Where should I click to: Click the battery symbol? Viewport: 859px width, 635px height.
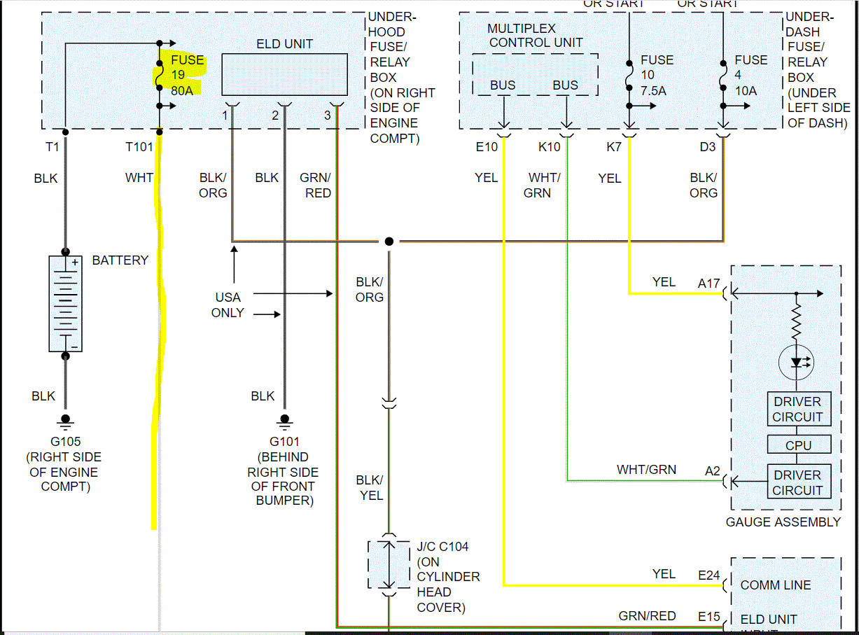click(x=65, y=303)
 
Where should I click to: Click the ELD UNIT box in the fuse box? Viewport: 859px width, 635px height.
click(x=284, y=74)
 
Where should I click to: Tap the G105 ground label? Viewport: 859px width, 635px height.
click(x=65, y=442)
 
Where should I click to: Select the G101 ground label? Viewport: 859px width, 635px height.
click(x=284, y=442)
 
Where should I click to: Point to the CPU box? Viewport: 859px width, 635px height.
click(x=798, y=445)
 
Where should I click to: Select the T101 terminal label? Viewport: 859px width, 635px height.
click(x=139, y=147)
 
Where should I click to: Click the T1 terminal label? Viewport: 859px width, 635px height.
click(x=53, y=147)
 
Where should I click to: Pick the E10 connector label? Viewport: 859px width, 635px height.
click(x=487, y=147)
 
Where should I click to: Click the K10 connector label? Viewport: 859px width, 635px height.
click(x=549, y=147)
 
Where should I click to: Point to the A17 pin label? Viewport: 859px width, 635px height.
click(x=708, y=284)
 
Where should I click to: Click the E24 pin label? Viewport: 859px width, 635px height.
click(x=708, y=575)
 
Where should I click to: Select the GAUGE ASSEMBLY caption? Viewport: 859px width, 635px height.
click(x=783, y=522)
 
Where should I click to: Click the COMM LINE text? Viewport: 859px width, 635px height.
click(x=776, y=585)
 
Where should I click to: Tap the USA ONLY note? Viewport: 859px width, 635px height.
click(x=228, y=305)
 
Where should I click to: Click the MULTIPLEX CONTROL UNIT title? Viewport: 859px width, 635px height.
click(x=536, y=36)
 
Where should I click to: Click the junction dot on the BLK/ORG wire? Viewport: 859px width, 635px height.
click(x=389, y=242)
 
